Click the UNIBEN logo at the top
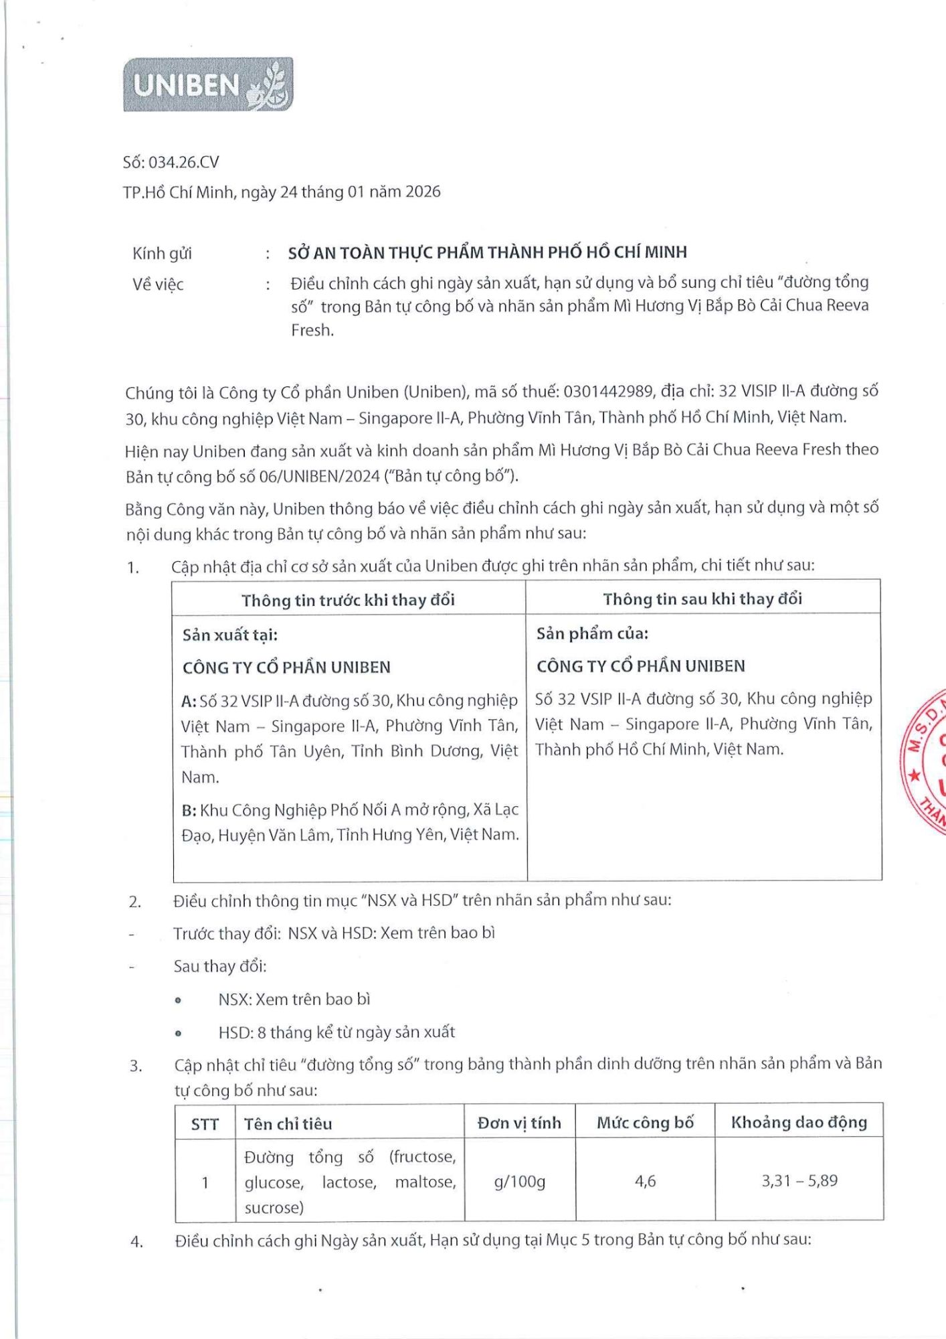pyautogui.click(x=208, y=84)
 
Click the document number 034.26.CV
pyautogui.click(x=183, y=162)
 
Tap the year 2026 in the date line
pyautogui.click(x=423, y=191)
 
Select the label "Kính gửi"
pyautogui.click(x=162, y=253)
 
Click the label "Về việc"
pyautogui.click(x=158, y=285)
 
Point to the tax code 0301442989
pyautogui.click(x=608, y=391)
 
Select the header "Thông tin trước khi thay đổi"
pyautogui.click(x=348, y=599)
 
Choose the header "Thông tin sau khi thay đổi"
pyautogui.click(x=702, y=599)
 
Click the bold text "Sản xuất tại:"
pyautogui.click(x=229, y=635)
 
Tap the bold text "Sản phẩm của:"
pyautogui.click(x=592, y=633)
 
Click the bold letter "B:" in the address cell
pyautogui.click(x=189, y=810)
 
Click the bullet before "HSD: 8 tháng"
pyautogui.click(x=178, y=1033)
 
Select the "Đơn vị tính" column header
pyautogui.click(x=519, y=1123)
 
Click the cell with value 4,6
pyautogui.click(x=645, y=1181)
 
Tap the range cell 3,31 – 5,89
pyautogui.click(x=799, y=1180)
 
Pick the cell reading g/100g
pyautogui.click(x=519, y=1182)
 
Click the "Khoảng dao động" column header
pyautogui.click(x=799, y=1122)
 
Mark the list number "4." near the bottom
pyautogui.click(x=136, y=1242)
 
